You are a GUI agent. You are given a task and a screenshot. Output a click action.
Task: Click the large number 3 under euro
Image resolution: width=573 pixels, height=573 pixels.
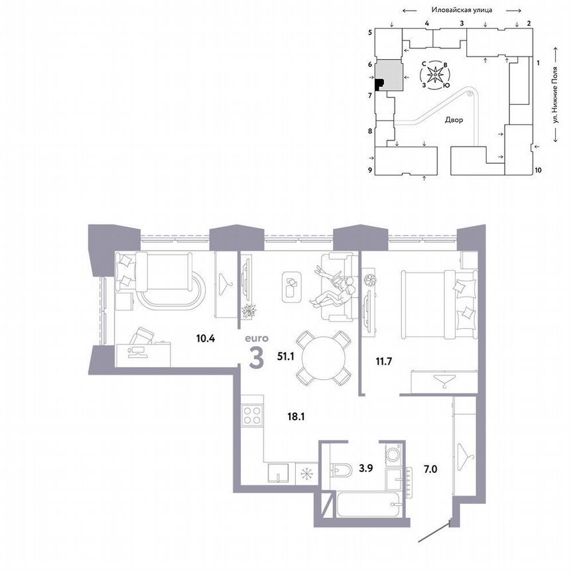click(x=255, y=359)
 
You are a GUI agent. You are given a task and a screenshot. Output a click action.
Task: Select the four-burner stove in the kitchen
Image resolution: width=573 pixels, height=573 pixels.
click(x=252, y=415)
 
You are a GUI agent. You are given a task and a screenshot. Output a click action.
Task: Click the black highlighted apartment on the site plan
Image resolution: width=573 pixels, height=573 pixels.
click(x=379, y=84)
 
